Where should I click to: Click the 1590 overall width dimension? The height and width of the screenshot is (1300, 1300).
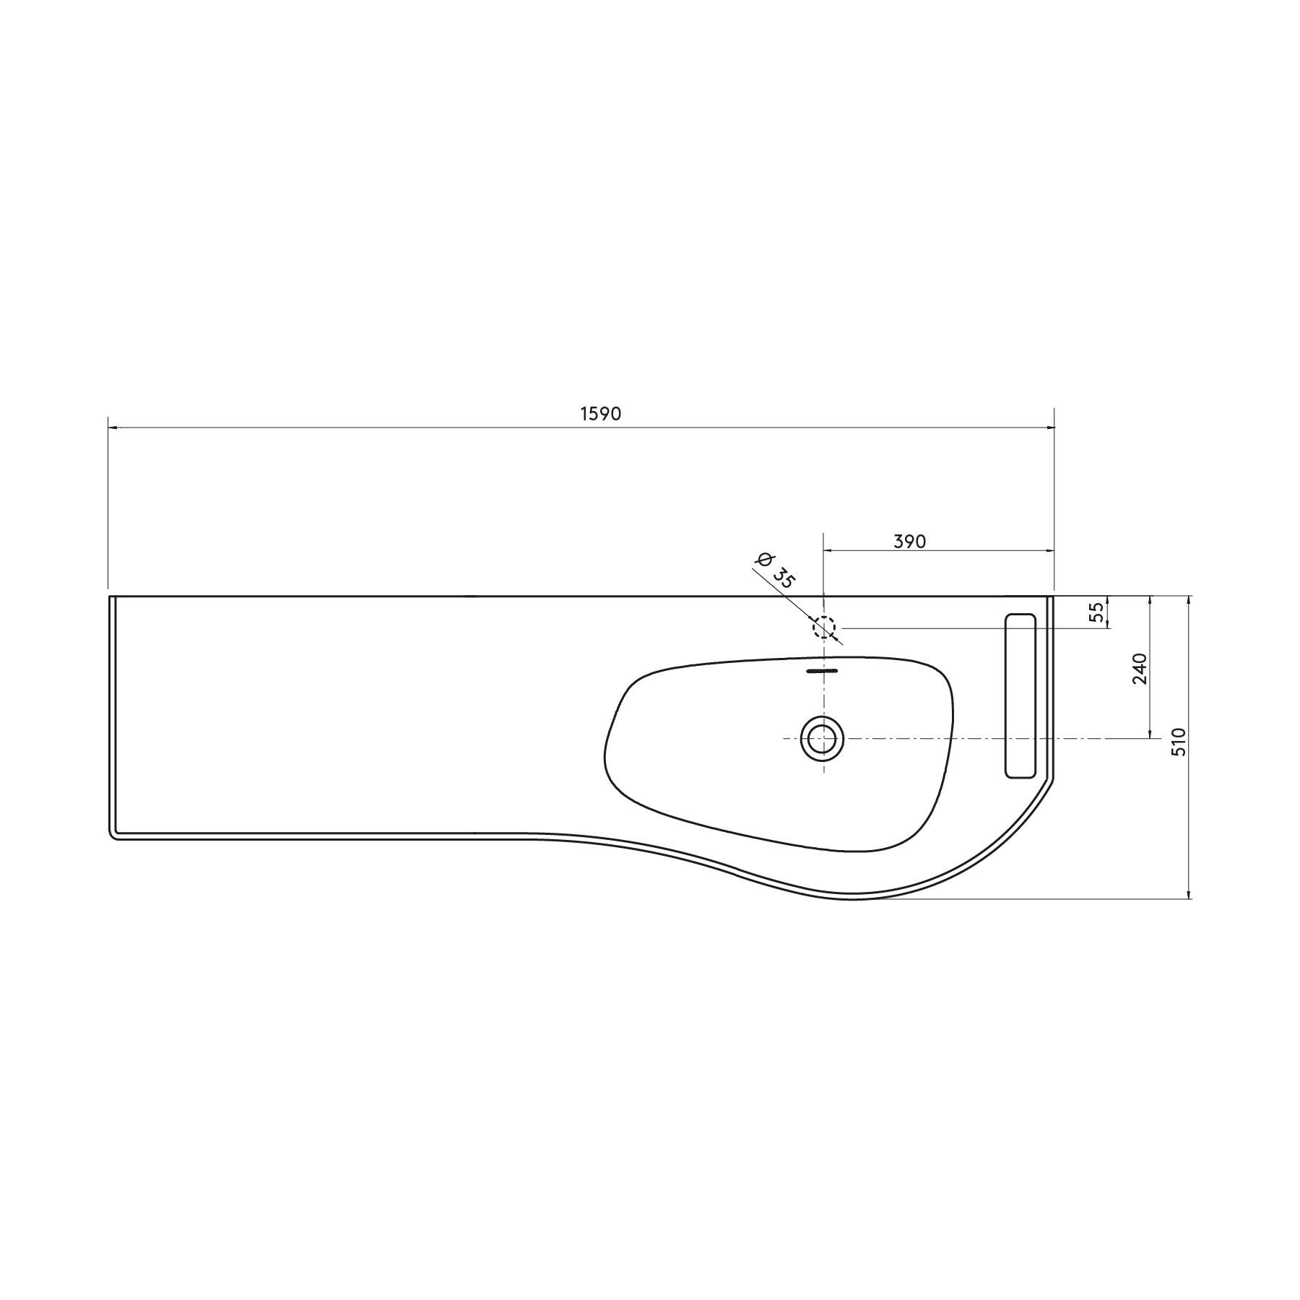(600, 414)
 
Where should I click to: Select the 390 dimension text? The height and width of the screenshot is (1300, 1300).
(909, 541)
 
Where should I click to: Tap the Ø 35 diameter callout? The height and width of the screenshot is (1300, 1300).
(774, 571)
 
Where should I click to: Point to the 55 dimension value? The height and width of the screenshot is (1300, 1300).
(1096, 612)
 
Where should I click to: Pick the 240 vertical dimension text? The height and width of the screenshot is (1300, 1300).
(1140, 669)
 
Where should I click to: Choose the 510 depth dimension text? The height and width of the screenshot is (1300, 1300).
(1179, 742)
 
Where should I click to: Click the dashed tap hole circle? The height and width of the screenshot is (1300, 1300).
(824, 628)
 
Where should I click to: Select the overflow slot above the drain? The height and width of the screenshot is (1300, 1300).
(822, 671)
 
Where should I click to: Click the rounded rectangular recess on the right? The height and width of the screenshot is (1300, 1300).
(1020, 695)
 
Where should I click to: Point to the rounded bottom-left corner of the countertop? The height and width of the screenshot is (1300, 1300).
(113, 836)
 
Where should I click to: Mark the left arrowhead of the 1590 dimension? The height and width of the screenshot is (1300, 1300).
(113, 428)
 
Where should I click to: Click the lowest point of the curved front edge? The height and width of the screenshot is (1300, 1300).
(852, 899)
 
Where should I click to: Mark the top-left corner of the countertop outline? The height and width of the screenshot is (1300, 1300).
(110, 597)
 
